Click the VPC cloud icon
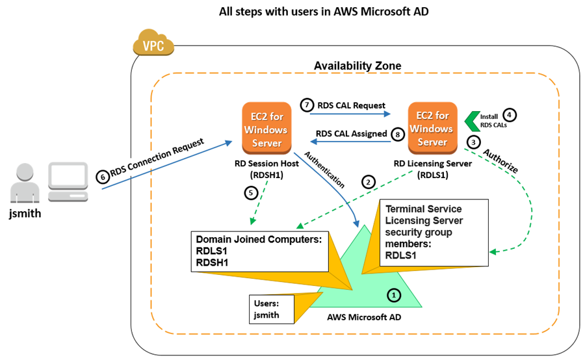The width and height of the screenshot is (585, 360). click(x=153, y=45)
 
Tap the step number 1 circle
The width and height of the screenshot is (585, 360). click(x=393, y=294)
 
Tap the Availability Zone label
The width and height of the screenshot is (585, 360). click(x=357, y=66)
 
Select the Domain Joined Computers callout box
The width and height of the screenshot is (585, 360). click(x=259, y=250)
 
